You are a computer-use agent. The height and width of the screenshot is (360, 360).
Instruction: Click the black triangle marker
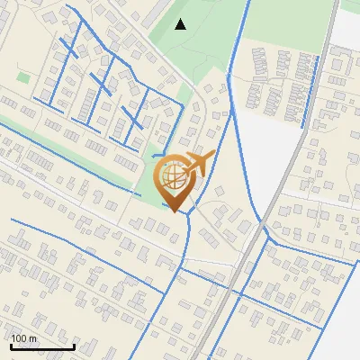click(181, 24)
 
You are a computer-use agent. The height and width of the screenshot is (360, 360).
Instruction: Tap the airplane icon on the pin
click(196, 165)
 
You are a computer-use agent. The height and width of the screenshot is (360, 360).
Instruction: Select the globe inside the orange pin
click(173, 176)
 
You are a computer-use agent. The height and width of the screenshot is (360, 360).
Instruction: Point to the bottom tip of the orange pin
click(174, 211)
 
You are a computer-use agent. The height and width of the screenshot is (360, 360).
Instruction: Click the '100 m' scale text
click(24, 338)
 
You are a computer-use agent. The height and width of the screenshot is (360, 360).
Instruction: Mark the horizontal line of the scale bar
click(42, 346)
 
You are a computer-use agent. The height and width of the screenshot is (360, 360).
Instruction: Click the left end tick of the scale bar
click(11, 345)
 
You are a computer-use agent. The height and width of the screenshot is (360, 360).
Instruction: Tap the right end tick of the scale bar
click(74, 345)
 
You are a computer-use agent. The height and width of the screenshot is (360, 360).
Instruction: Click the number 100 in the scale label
click(21, 338)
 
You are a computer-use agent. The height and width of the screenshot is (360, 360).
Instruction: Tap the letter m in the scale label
click(34, 339)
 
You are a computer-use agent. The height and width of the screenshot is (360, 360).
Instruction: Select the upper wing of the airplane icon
click(200, 157)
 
